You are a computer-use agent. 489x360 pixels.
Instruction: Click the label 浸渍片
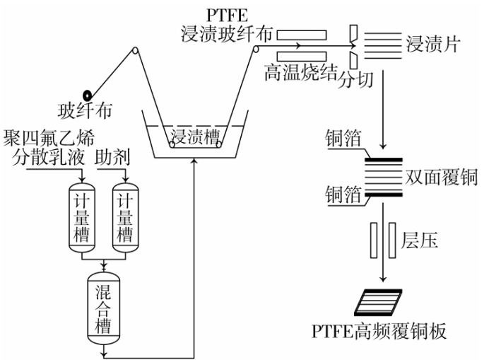[x=433, y=45]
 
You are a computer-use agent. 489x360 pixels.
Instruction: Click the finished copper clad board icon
[x=379, y=301]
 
